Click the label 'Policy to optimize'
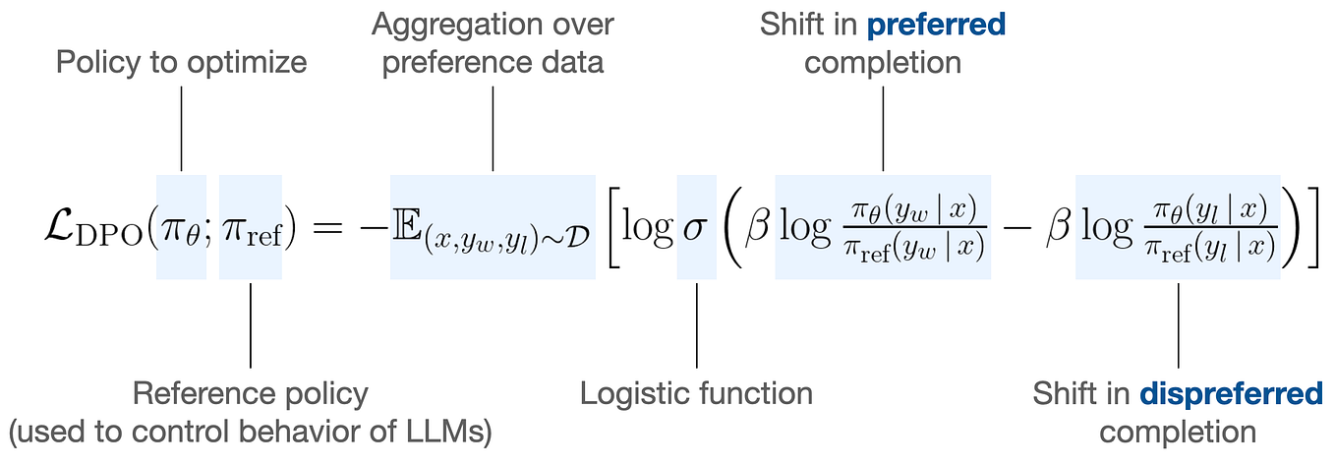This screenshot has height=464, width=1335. (182, 63)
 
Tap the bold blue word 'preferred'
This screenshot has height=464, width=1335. (936, 25)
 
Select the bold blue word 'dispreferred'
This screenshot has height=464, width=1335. (1231, 394)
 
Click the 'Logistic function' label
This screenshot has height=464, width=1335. (696, 394)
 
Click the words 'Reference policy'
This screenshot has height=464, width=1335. (250, 394)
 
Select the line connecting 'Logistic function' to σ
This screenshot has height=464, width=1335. (697, 324)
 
